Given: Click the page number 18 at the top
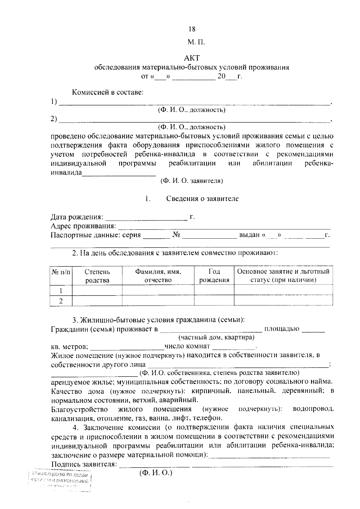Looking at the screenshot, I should [x=192, y=29].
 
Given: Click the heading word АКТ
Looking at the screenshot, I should [x=192, y=58].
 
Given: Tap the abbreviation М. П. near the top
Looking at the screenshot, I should [x=196, y=42].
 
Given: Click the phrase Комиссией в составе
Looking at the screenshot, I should [x=107, y=92].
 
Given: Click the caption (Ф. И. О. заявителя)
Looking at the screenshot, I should [x=192, y=181].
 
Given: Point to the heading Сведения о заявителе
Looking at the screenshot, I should [x=202, y=198].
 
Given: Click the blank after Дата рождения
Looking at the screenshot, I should [x=146, y=218].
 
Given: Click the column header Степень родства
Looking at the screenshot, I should [x=97, y=276].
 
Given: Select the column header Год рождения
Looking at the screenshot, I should [x=214, y=276].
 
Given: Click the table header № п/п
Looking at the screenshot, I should [x=61, y=272].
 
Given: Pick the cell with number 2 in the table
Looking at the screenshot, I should [x=61, y=301].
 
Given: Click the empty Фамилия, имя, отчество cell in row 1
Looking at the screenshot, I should [x=158, y=290].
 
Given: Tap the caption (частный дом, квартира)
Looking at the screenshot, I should [x=216, y=338].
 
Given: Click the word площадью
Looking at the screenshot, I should [x=282, y=329].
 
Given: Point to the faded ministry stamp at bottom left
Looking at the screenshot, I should [x=60, y=482].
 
